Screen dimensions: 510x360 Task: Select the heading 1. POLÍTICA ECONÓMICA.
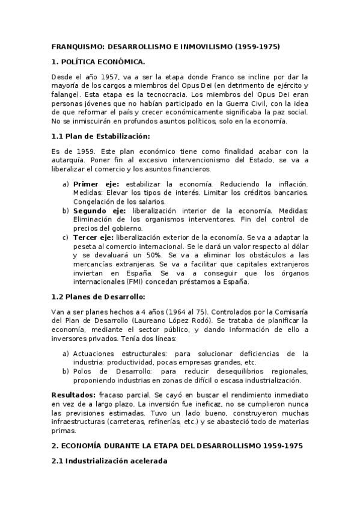coord(98,61)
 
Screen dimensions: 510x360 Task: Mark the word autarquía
coord(66,161)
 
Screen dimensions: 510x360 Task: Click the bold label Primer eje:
coord(96,183)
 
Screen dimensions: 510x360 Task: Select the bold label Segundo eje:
coord(99,210)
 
